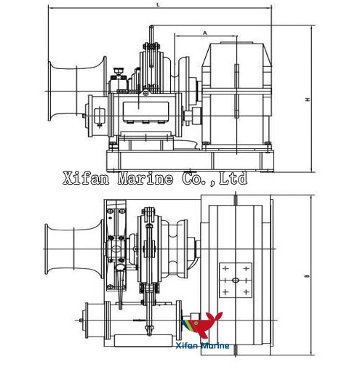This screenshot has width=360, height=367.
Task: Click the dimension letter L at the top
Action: coord(158,5)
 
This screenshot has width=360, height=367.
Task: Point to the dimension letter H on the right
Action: coord(309,99)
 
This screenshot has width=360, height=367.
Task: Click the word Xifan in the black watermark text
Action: coord(82,177)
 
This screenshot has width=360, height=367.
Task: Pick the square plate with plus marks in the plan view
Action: coord(236,278)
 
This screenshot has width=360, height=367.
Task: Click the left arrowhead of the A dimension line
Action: coord(176,36)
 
